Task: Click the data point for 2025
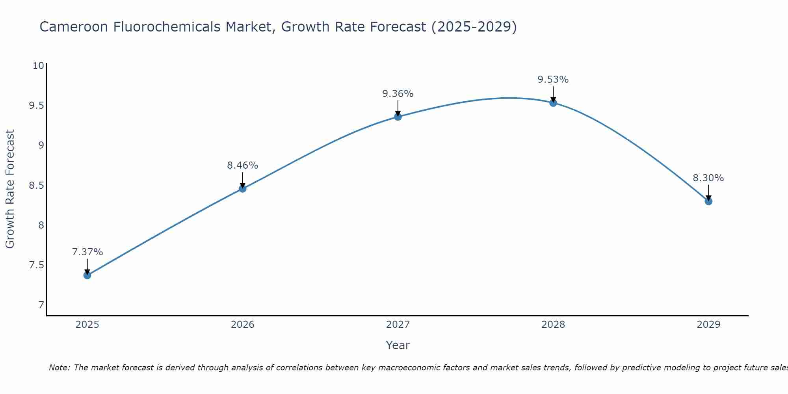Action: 87,275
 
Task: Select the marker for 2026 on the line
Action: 242,189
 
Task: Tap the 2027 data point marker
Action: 398,117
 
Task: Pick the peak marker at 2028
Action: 553,103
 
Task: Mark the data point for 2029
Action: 708,201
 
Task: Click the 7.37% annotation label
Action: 87,252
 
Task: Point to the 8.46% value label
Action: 242,165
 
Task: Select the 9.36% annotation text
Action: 398,93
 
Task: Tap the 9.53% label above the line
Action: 553,79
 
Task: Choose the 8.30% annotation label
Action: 708,178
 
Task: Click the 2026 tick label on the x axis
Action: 242,325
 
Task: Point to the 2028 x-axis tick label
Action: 553,325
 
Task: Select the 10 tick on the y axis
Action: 38,65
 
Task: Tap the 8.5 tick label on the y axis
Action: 36,185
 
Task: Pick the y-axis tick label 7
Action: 41,305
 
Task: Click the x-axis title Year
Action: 398,345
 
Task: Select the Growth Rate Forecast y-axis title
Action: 10,189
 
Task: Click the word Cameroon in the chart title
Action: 74,27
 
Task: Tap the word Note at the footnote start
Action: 59,368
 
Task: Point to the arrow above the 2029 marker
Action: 708,192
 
